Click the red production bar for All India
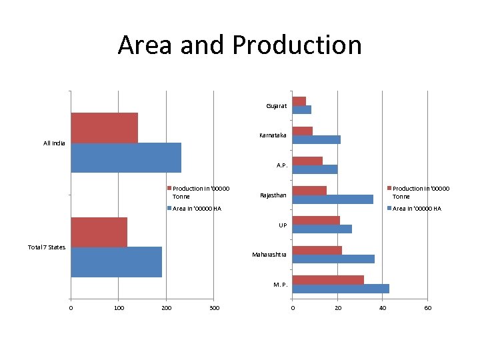coord(104,128)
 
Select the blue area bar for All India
coord(126,157)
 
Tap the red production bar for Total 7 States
coord(99,232)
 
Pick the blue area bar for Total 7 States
coord(116,262)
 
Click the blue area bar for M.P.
coord(341,289)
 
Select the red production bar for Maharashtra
coord(317,250)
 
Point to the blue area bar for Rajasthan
coord(333,199)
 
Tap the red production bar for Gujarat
coord(299,101)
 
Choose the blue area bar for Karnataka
coord(317,139)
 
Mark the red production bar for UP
coord(316,220)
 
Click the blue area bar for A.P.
coord(315,169)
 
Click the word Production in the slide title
coord(297,45)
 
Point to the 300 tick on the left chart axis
coord(214,307)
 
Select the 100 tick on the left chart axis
coord(119,307)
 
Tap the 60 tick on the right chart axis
coord(428,307)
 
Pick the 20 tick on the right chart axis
coord(337,307)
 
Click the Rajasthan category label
coord(273,195)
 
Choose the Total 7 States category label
coord(47,247)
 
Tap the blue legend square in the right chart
coord(389,209)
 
